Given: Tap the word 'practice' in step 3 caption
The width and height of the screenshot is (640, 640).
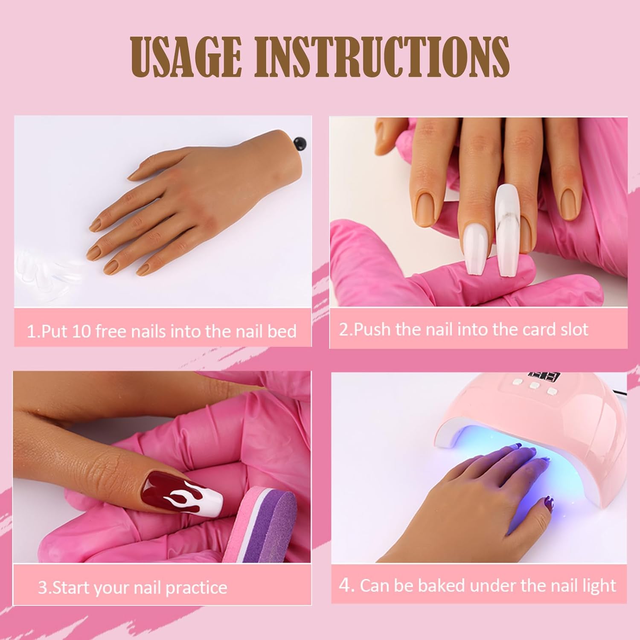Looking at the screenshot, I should (196, 588).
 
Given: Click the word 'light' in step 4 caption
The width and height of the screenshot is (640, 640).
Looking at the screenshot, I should (599, 585).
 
